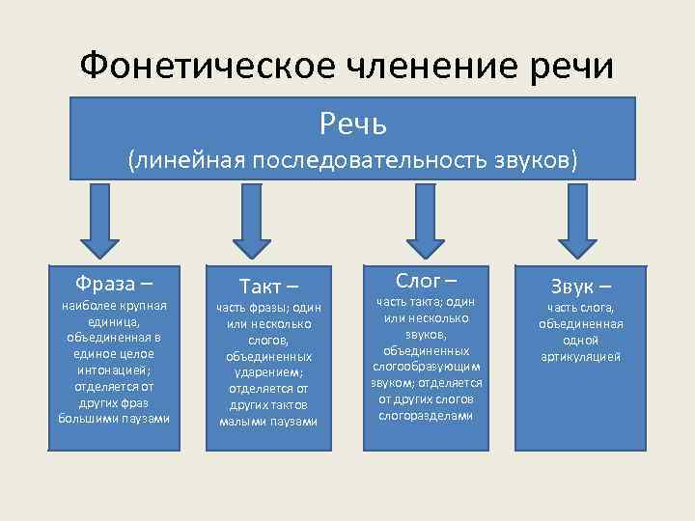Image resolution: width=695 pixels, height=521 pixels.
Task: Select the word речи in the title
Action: [575, 67]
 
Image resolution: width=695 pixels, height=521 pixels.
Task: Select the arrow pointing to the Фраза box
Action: [98, 219]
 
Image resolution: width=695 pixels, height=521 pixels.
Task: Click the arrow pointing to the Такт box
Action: [253, 219]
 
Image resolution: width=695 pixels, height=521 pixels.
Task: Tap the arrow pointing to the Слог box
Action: [425, 219]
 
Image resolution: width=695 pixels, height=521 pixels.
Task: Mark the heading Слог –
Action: [426, 281]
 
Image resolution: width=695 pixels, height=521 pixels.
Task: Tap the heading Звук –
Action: [581, 286]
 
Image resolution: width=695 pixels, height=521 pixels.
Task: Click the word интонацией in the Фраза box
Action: [114, 370]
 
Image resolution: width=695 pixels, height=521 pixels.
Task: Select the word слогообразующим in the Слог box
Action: [426, 367]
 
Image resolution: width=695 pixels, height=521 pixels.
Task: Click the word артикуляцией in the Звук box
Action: [581, 356]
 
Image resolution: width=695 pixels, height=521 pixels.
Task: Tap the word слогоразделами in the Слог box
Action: [426, 416]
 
